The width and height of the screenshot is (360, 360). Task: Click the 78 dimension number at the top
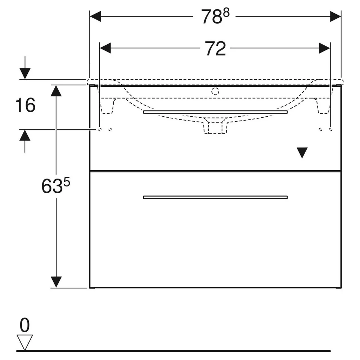pyautogui.click(x=212, y=17)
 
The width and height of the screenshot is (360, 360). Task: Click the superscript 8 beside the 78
pyautogui.click(x=226, y=13)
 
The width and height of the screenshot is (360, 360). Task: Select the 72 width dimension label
pyautogui.click(x=215, y=49)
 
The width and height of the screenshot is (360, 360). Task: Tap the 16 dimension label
pyautogui.click(x=25, y=105)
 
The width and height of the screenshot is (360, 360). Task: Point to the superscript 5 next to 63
pyautogui.click(x=67, y=183)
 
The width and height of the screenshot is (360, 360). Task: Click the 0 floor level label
pyautogui.click(x=24, y=325)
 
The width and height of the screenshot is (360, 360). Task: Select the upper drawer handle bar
pyautogui.click(x=215, y=112)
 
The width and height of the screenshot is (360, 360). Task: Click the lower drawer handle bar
pyautogui.click(x=215, y=197)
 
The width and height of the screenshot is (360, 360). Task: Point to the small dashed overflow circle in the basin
pyautogui.click(x=215, y=91)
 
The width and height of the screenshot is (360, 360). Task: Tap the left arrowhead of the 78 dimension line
pyautogui.click(x=95, y=17)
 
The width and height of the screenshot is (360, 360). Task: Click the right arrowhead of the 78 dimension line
pyautogui.click(x=336, y=17)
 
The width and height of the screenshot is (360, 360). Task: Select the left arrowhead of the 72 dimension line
pyautogui.click(x=105, y=48)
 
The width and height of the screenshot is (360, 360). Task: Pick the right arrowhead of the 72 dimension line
pyautogui.click(x=324, y=48)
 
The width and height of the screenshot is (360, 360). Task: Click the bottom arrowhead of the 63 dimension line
pyautogui.click(x=56, y=282)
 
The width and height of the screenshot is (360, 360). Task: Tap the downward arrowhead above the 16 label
pyautogui.click(x=25, y=74)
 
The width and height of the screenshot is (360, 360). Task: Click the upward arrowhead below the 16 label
pyautogui.click(x=25, y=135)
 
